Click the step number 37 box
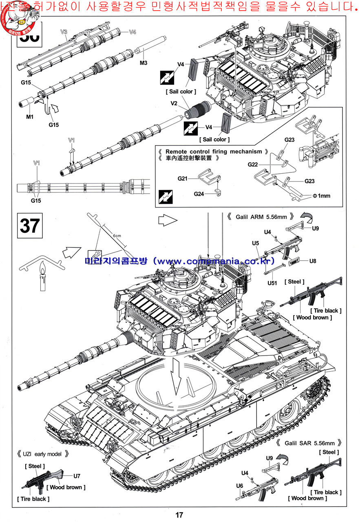point(29,226)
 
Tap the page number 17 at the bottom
point(179,515)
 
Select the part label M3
point(143,63)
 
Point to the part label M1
point(30,117)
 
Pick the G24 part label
point(199,194)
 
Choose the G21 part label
point(182,178)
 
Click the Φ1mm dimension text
point(321,196)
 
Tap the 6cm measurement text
point(117,236)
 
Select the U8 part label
point(313,261)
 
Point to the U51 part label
point(272,283)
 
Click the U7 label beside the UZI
point(77,476)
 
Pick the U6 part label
point(240,485)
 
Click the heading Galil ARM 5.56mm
point(259,217)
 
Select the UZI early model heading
point(43,454)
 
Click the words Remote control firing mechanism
point(214,151)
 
